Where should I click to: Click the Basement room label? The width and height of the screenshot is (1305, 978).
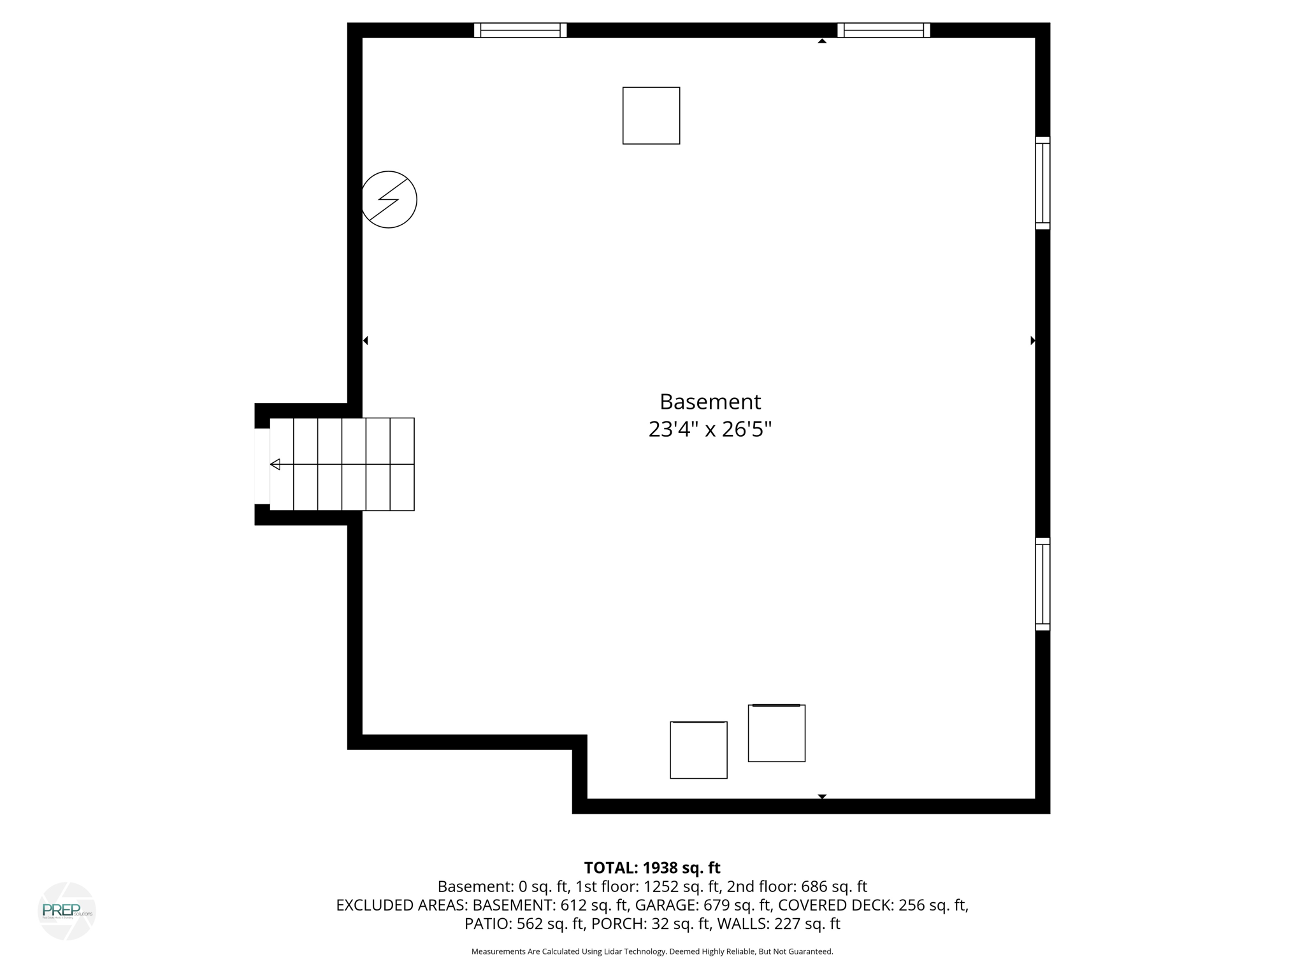click(710, 402)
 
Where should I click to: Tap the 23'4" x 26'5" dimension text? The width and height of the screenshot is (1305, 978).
click(710, 430)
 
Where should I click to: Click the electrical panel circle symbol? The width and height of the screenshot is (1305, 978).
click(389, 199)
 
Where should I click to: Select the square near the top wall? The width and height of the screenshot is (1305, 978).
click(651, 116)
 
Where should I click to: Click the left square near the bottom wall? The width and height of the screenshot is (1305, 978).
click(698, 750)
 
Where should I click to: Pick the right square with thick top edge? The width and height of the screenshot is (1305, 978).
click(776, 733)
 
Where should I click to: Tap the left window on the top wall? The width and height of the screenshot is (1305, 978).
click(520, 30)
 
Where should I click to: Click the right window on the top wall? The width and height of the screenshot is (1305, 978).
click(883, 30)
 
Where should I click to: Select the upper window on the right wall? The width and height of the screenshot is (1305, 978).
click(1042, 183)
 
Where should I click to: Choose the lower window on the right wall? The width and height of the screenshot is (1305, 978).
click(1042, 584)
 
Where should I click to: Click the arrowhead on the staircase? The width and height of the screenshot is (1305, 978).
click(275, 464)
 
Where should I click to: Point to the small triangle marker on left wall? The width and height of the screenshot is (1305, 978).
click(366, 341)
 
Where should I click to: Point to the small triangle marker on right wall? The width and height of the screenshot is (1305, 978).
click(1032, 341)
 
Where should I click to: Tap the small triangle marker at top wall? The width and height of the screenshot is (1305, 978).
click(822, 41)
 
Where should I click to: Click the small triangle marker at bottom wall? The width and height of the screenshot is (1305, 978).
click(822, 797)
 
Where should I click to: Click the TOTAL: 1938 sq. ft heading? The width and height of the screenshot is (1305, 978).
click(652, 868)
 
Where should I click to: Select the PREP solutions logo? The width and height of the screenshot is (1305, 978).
click(67, 911)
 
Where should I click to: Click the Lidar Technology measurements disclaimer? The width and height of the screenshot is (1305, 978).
click(652, 951)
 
